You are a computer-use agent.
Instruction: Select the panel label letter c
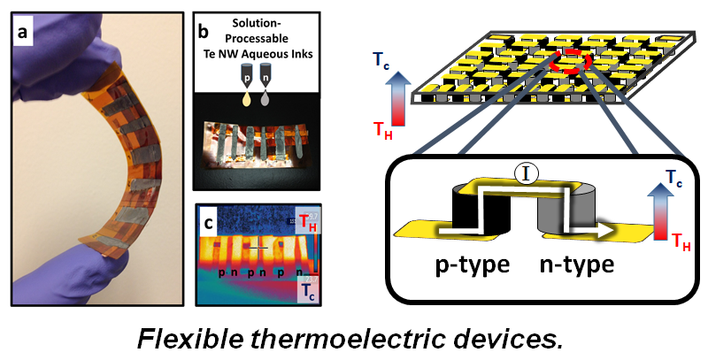pos(209,221)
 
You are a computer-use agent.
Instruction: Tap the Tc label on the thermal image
pos(307,289)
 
